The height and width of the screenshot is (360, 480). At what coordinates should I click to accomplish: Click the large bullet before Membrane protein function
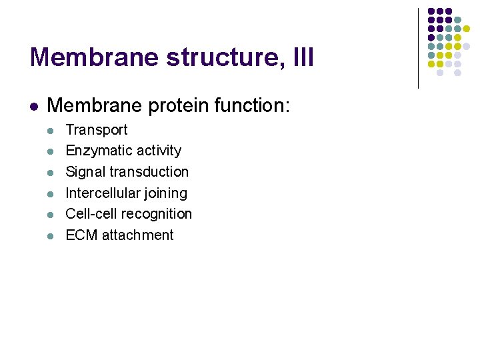tap(33, 106)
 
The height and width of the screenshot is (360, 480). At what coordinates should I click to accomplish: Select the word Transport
tap(96, 130)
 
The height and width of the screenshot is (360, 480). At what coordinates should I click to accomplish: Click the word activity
tap(157, 151)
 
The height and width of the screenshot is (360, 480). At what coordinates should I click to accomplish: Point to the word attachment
tap(138, 235)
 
